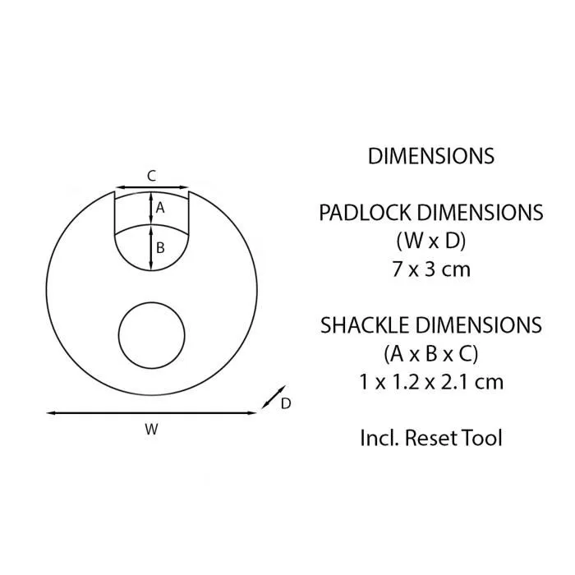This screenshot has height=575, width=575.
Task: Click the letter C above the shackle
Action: coord(151,175)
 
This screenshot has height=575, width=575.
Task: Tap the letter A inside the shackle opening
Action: coord(160,208)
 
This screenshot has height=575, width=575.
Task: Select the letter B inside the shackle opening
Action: coord(160,247)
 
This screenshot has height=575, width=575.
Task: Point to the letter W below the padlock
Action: coord(151,428)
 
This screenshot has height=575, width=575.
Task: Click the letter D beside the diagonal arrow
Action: coord(286,403)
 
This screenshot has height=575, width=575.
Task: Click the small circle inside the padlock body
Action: coord(152,336)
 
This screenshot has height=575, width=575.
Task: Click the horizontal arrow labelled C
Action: coord(151,188)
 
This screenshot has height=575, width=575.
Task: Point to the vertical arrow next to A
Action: coord(150,208)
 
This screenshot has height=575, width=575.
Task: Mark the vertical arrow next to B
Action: coord(150,247)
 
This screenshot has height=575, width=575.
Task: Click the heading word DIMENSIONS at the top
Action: coord(430,156)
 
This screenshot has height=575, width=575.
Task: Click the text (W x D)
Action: coord(430,241)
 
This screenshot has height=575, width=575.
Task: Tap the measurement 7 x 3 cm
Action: coord(430,269)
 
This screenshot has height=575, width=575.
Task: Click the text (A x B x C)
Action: coord(430,354)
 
